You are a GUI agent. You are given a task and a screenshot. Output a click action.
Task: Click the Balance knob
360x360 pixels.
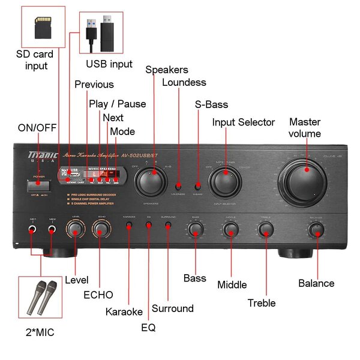pos(316,229)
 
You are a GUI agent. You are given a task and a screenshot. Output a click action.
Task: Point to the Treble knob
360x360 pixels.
pos(265,229)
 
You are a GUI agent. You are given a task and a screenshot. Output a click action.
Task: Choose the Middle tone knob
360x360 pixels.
pos(230,229)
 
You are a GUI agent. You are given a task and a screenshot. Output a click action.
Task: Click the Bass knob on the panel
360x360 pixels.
pos(195,229)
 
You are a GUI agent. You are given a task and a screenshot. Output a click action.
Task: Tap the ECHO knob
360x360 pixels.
pos(101,229)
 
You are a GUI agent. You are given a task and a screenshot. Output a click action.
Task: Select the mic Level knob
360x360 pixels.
pos(75,229)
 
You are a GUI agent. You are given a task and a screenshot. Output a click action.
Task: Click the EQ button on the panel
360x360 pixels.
pos(149,226)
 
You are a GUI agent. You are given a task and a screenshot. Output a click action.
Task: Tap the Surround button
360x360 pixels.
pos(168,226)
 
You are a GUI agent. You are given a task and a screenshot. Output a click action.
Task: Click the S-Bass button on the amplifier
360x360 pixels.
pos(198,186)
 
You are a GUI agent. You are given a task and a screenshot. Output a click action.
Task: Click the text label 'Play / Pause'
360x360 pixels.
pos(118,104)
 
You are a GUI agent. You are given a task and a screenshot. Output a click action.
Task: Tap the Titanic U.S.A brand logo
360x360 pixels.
pos(40,158)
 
